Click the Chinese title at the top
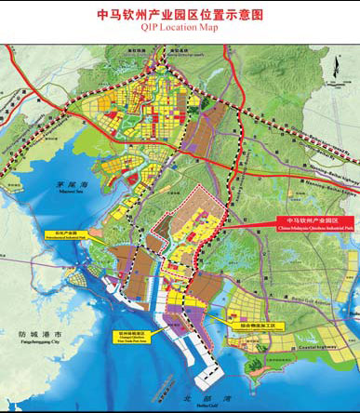[x=180, y=15]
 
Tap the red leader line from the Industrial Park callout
[x=247, y=224]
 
